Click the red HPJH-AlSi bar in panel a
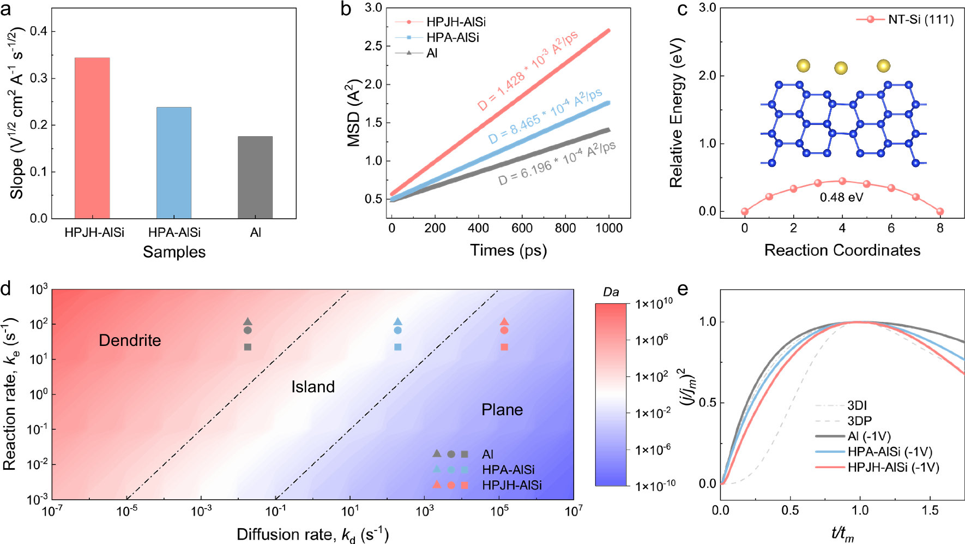[92, 138]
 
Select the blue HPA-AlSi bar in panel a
[174, 163]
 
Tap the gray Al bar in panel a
[255, 177]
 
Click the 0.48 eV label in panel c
[841, 197]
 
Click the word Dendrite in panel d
[130, 340]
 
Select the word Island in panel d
[312, 387]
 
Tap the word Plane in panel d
[502, 410]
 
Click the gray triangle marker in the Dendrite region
[248, 321]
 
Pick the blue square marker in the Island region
[397, 347]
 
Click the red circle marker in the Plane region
[504, 330]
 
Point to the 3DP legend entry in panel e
[859, 421]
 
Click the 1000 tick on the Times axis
[608, 228]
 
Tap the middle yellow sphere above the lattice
[841, 68]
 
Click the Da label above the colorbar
[611, 292]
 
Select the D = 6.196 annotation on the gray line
[556, 163]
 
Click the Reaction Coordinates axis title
[842, 250]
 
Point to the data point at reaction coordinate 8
[940, 211]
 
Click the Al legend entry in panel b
[432, 53]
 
